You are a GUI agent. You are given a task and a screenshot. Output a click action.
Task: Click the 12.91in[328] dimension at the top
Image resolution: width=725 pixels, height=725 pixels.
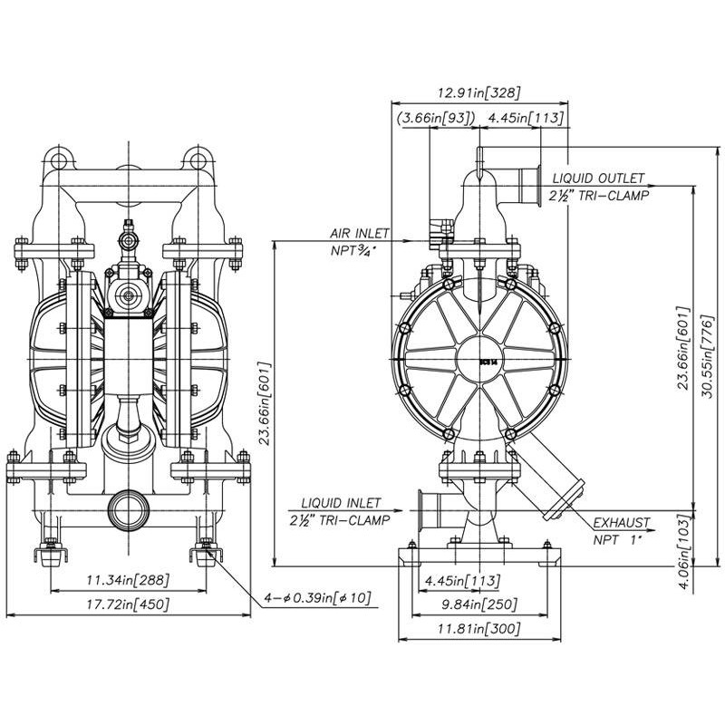pyautogui.click(x=478, y=92)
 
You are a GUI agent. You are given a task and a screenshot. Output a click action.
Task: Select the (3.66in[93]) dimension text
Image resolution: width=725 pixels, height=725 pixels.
pyautogui.click(x=434, y=118)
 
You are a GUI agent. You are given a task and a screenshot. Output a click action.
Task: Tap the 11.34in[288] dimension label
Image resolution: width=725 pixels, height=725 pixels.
pyautogui.click(x=128, y=580)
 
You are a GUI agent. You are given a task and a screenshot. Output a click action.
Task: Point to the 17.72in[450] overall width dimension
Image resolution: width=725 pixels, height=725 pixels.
pyautogui.click(x=128, y=604)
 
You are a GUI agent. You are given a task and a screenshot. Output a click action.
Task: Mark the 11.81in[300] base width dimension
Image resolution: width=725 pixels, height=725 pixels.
pyautogui.click(x=478, y=628)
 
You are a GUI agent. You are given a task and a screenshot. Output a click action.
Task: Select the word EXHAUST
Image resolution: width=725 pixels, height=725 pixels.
pyautogui.click(x=622, y=523)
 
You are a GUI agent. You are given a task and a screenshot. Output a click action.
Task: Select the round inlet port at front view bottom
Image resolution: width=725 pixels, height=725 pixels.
pyautogui.click(x=128, y=509)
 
